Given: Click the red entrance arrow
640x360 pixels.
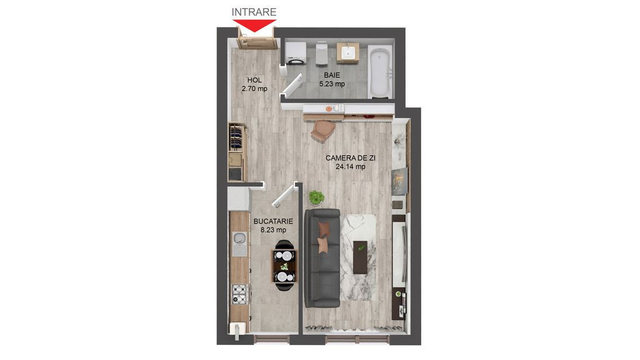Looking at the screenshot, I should (x=255, y=25).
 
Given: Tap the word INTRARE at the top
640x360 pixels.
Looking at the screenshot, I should (x=254, y=11).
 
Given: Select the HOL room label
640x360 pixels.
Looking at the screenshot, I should (x=254, y=80).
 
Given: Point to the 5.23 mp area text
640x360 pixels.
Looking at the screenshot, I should (x=332, y=84).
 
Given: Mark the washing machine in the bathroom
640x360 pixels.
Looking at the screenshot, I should (x=294, y=54).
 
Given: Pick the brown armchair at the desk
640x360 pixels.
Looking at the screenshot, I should (x=324, y=130).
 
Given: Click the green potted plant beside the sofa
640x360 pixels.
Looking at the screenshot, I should (x=316, y=197).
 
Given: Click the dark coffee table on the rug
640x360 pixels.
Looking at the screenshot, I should (x=361, y=257).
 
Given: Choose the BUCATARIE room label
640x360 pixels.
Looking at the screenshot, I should (x=273, y=221).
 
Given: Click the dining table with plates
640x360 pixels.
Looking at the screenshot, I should (x=284, y=266).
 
